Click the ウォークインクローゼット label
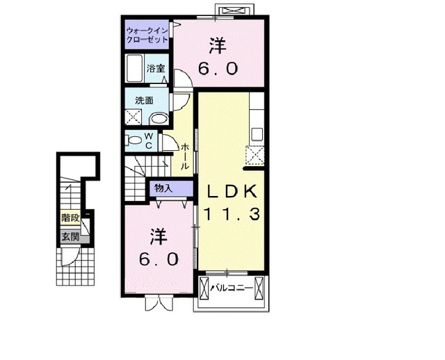[x=147, y=35]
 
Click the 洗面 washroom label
[x=145, y=99]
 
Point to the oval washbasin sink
[x=159, y=119]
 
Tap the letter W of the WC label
[x=149, y=136]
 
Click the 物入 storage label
[x=163, y=188]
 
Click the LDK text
[x=232, y=192]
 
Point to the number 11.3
[x=232, y=215]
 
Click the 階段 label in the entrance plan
[x=70, y=218]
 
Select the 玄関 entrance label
[x=70, y=237]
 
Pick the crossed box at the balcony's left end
[x=204, y=286]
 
